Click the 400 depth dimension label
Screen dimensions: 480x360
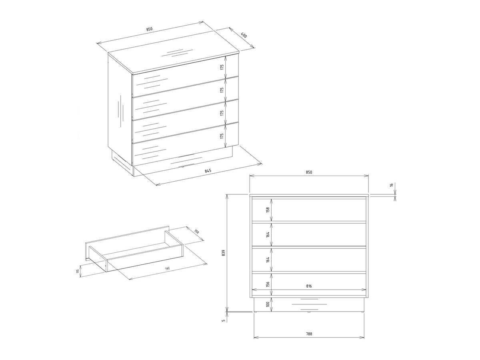coord(244,35)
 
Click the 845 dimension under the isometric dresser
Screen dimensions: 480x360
coord(208,171)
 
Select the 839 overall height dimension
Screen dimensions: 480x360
coord(223,253)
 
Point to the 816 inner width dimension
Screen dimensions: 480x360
coord(309,286)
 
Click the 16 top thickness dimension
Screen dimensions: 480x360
coord(392,185)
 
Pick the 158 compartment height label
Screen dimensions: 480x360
coord(268,210)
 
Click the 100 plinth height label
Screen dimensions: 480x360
coord(268,304)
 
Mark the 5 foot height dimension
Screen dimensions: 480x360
coord(223,320)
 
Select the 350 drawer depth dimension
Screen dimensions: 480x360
coord(196,232)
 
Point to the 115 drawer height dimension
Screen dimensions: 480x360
coord(78,271)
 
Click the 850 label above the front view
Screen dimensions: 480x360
coord(309,172)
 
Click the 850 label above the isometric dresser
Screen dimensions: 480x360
coord(149,29)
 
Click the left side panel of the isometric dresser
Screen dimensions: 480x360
coord(120,109)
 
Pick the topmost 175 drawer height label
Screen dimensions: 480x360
coord(222,67)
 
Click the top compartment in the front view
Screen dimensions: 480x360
coord(309,210)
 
